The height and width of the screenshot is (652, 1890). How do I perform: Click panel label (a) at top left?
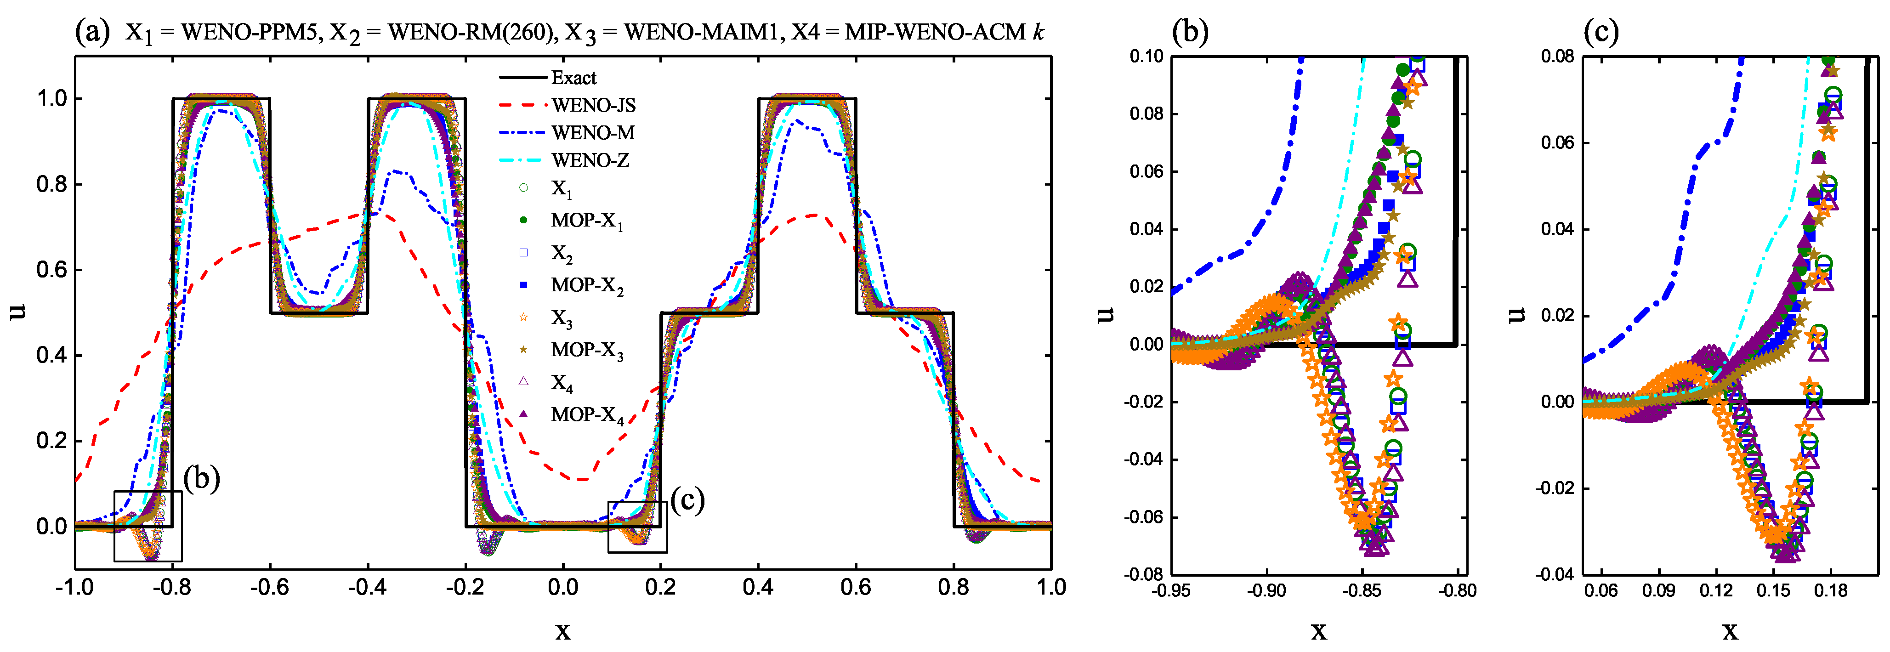tap(92, 32)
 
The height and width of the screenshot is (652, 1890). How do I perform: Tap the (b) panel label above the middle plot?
tap(1190, 32)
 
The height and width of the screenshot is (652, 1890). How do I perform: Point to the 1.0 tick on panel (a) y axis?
tap(51, 99)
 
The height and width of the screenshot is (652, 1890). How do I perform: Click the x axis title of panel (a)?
tap(563, 630)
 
